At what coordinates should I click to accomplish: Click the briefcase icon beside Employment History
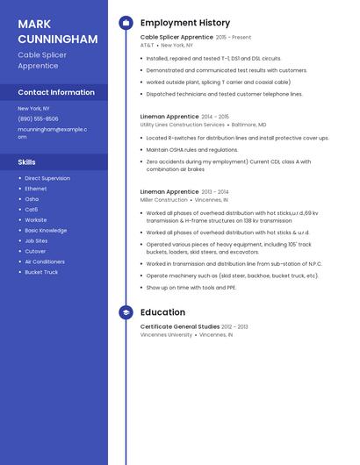[126, 23]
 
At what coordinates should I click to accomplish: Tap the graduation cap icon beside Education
[126, 312]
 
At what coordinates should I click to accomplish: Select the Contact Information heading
[56, 92]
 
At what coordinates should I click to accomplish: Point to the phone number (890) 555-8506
[38, 118]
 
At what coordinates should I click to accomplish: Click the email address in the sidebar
[52, 132]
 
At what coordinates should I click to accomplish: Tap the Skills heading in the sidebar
[27, 162]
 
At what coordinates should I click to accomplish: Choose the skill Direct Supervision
[47, 178]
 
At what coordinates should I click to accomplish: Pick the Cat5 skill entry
[31, 210]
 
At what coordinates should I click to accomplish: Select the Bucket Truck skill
[41, 272]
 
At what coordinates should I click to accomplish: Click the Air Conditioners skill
[45, 261]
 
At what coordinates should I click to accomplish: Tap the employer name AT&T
[147, 45]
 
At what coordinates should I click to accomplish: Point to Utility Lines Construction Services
[183, 125]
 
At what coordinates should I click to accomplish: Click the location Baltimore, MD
[248, 125]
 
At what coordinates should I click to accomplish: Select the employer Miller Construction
[164, 199]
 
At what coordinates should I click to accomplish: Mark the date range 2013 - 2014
[215, 191]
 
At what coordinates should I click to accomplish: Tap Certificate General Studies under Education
[180, 326]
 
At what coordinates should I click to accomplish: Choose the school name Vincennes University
[166, 334]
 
